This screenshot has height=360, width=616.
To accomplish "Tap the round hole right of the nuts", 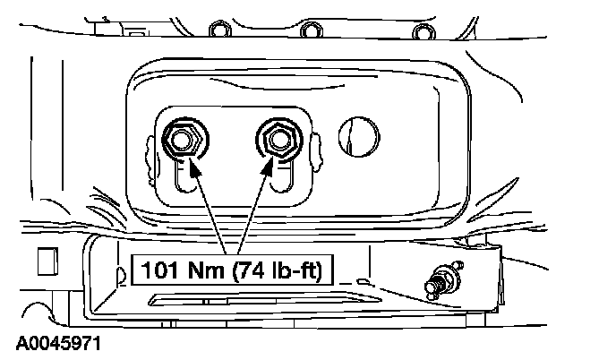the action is [x=355, y=136].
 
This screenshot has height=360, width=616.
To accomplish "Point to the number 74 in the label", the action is [x=251, y=267].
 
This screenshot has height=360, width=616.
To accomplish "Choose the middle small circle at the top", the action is [x=311, y=32].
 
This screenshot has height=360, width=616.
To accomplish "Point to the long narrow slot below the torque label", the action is [x=269, y=295].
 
